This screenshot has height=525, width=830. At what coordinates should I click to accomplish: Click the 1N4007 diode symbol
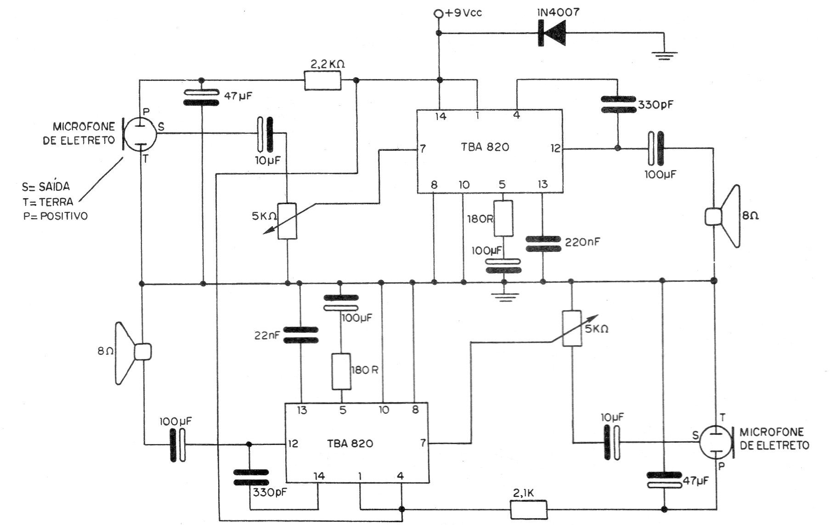pos(552,33)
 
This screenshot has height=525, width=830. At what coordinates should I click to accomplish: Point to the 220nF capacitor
pos(543,244)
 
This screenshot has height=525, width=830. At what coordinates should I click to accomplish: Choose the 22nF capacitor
pos(300,335)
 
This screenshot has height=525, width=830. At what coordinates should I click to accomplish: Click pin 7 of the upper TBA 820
pos(423,148)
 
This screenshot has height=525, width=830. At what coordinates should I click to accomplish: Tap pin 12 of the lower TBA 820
pos(293,444)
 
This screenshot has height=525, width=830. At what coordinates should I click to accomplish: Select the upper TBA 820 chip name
pos(485,147)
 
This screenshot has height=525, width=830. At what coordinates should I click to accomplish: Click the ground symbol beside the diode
pos(664,56)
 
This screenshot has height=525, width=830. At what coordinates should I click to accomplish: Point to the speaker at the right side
pos(723,217)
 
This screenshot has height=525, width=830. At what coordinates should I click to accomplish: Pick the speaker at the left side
pos(133,353)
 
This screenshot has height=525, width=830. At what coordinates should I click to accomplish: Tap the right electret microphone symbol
pos(717,443)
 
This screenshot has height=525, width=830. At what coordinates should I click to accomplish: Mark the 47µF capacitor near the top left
pos(202,97)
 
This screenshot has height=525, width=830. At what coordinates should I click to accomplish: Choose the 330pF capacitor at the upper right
pos(618,104)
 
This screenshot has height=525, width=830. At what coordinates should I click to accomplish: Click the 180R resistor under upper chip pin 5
pos(503,218)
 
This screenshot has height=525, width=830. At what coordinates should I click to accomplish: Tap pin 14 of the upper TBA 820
pos(440,116)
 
